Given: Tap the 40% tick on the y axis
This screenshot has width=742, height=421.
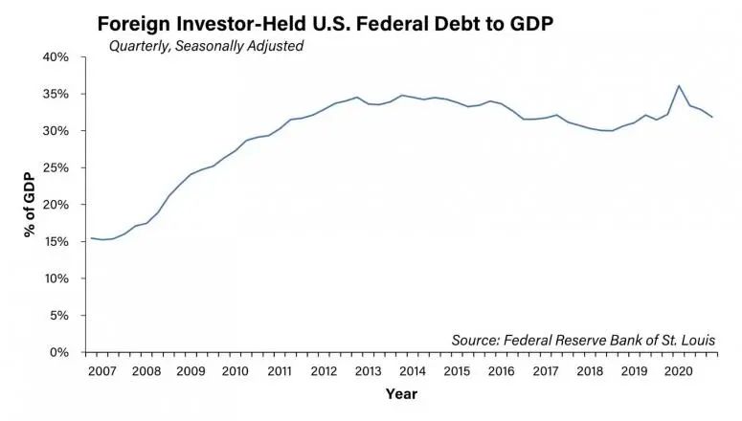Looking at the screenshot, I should click(56, 57).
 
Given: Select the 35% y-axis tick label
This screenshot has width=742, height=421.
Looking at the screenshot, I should click(56, 94).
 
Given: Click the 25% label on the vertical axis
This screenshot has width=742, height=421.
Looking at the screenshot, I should click(56, 167).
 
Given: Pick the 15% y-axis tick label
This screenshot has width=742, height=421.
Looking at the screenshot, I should click(56, 242).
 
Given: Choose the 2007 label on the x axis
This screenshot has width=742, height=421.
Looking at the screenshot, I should click(102, 371).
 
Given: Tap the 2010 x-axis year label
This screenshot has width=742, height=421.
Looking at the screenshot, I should click(235, 371).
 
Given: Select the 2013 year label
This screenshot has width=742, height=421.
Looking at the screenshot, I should click(368, 371).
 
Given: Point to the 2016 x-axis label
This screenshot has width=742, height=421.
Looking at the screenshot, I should click(500, 371).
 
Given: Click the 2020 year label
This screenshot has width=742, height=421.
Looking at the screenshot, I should click(677, 371).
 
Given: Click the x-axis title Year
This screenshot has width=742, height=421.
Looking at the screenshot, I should click(400, 394).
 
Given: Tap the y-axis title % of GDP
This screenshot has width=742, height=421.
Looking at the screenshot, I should click(31, 205).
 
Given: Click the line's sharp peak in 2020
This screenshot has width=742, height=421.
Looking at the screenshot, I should click(679, 86).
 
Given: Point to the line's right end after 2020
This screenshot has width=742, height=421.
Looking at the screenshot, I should click(713, 117).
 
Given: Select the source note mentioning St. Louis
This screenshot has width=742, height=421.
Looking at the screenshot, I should click(583, 340).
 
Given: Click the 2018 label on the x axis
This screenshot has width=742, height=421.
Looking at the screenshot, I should click(589, 371).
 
